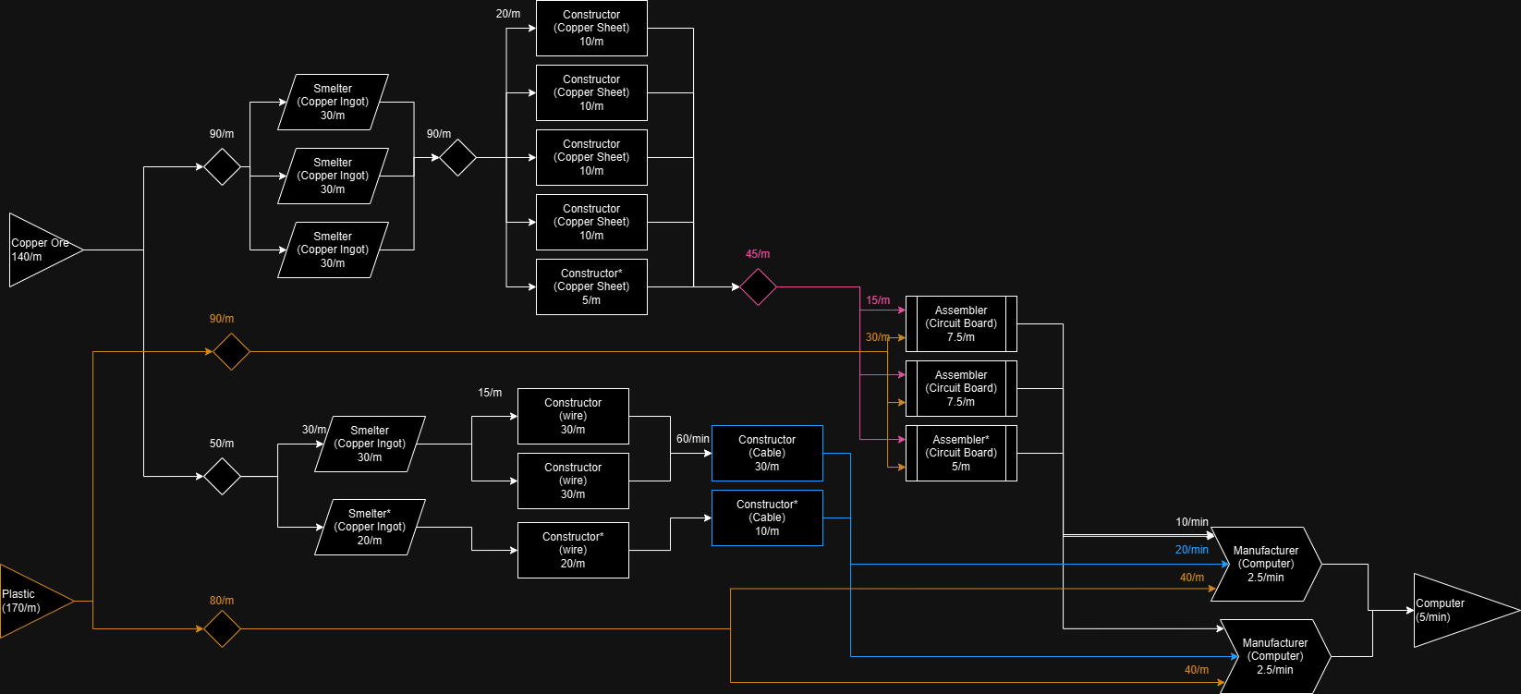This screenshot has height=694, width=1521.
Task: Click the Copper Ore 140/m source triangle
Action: [x=42, y=250]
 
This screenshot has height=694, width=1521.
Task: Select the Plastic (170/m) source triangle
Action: [x=32, y=601]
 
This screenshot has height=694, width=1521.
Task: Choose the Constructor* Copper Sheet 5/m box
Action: [x=591, y=286]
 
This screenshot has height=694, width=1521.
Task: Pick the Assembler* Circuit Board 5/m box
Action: [x=961, y=453]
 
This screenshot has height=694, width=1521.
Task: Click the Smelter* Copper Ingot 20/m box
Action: [x=370, y=527]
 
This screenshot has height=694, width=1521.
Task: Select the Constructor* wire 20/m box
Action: [x=573, y=550]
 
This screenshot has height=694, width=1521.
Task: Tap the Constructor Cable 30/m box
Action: [x=767, y=453]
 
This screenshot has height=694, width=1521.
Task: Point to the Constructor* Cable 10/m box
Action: [x=767, y=517]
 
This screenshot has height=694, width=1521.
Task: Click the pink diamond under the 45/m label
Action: [x=758, y=286]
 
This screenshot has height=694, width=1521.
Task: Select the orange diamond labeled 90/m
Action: [x=231, y=351]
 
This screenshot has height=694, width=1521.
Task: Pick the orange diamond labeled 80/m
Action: [x=222, y=628]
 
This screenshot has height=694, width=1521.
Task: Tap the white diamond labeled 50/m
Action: [x=222, y=476]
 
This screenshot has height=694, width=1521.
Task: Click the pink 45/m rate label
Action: [x=758, y=254]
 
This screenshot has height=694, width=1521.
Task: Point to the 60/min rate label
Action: [x=693, y=439]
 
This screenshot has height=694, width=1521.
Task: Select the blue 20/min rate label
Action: [x=1192, y=550]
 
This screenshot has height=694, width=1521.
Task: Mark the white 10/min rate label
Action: [x=1192, y=522]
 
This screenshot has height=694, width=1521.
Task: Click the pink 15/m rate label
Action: [x=878, y=300]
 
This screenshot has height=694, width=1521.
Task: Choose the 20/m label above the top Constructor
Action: [x=508, y=14]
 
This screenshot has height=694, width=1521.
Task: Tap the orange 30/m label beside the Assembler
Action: [x=877, y=337]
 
